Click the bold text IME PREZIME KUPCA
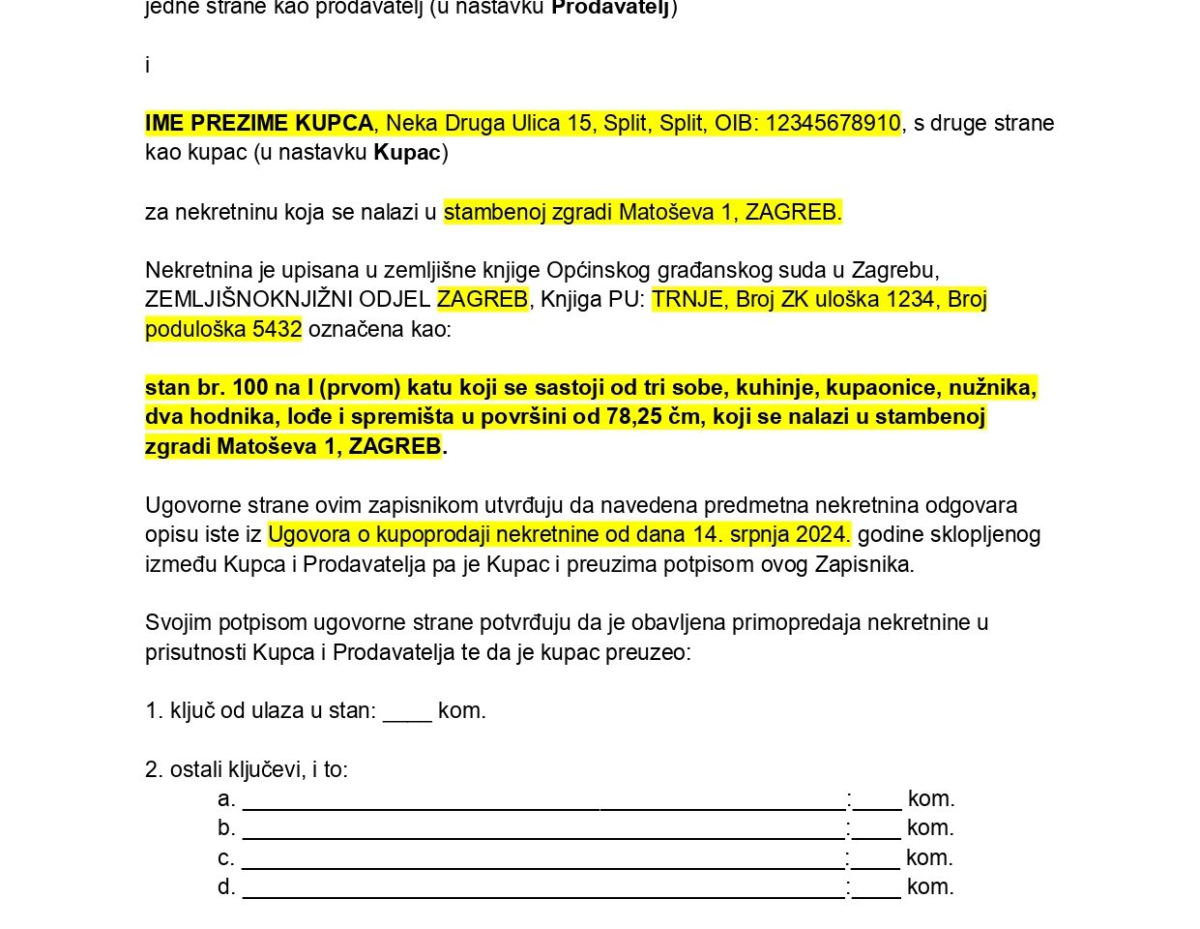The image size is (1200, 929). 259,123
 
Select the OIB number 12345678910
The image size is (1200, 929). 833,123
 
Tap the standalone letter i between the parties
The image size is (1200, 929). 147,65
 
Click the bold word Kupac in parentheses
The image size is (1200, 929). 407,153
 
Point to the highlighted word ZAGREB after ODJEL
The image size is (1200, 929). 483,299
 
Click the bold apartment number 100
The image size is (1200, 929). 249,388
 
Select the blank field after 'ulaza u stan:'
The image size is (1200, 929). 407,711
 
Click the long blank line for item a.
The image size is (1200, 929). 543,799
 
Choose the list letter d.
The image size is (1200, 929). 226,887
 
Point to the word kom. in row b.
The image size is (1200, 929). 930,828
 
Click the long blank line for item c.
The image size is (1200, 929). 542,858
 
